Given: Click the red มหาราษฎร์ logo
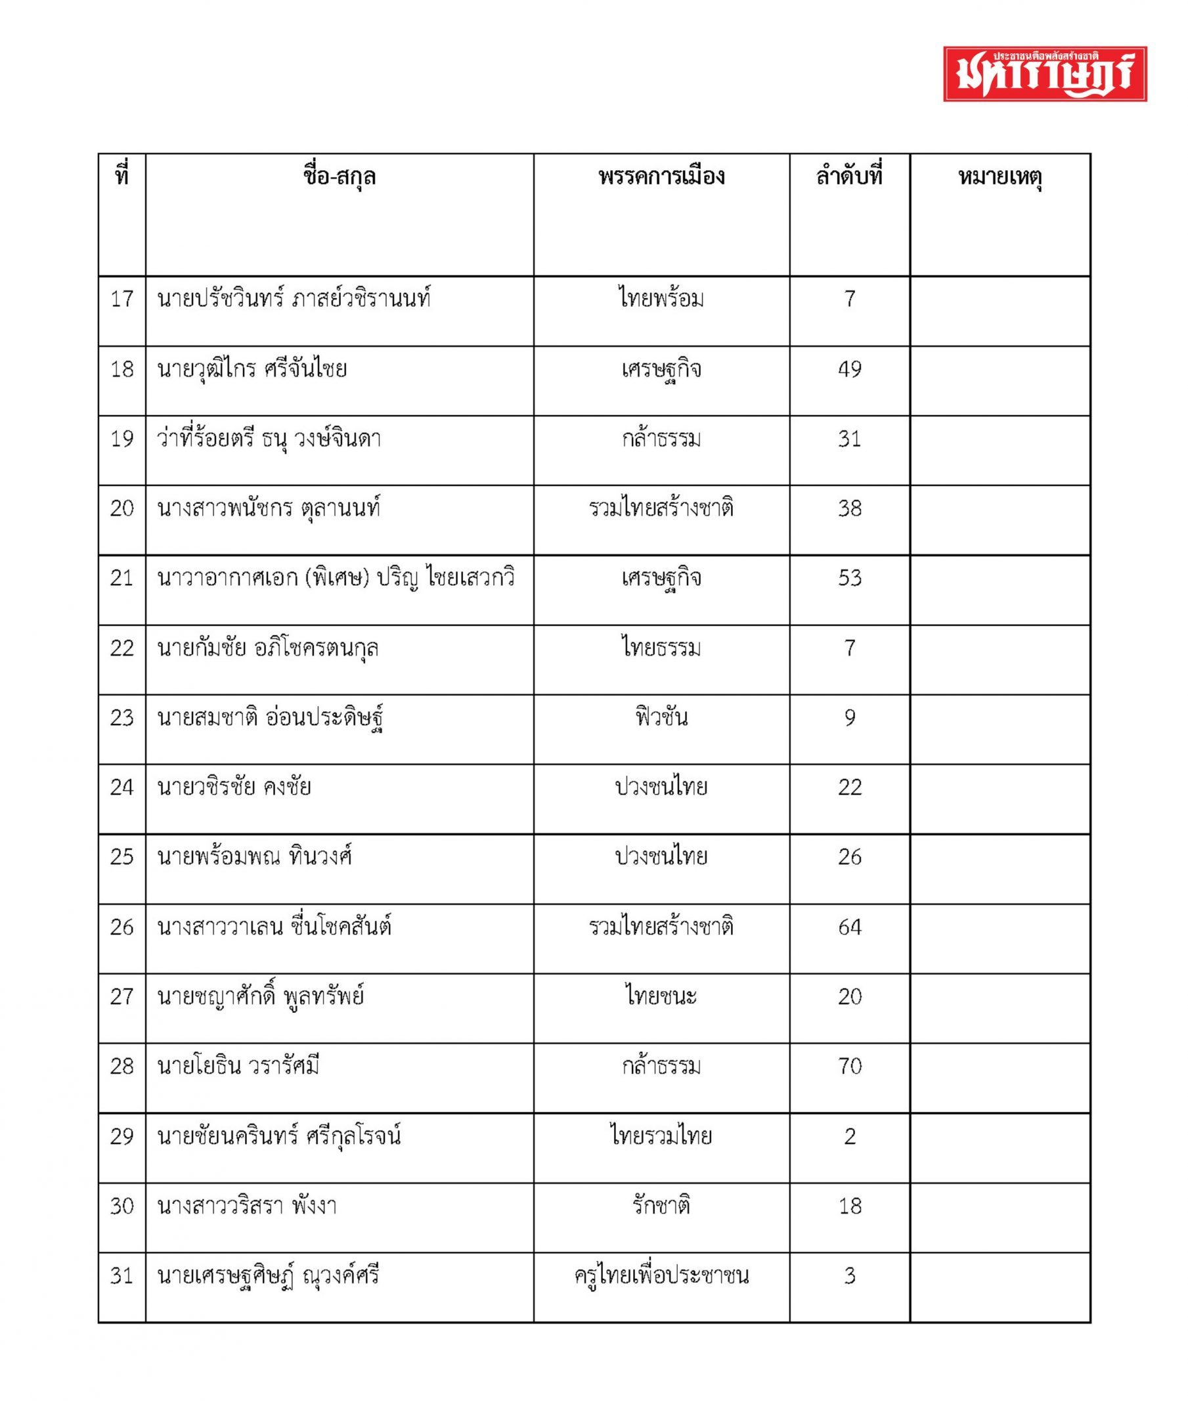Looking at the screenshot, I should pos(1045,74).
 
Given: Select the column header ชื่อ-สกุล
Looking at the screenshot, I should pos(340,177).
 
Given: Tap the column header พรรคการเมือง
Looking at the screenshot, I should pos(661,177).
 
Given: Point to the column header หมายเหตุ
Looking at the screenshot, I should pos(1000,177).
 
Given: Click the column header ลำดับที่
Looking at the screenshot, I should pos(849,177).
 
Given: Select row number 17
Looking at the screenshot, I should pos(122,299).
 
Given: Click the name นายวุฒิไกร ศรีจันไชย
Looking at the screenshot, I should pos(252,369).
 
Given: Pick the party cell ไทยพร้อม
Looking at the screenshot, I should pos(661,299).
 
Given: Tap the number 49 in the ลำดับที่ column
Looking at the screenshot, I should pos(849,369).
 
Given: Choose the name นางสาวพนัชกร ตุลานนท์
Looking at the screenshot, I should pos(269,508).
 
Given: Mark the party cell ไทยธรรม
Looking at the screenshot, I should pos(661,649).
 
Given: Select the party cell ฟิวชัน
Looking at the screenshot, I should pos(661,718).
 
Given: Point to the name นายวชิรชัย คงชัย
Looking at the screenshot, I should pos(234,788).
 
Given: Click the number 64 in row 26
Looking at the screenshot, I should pos(849,927).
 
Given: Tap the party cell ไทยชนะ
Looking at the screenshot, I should pos(661,997).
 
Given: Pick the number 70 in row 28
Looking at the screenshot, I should pos(849,1066).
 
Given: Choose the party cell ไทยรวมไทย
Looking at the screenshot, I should pos(661,1136).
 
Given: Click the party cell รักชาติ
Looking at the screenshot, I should pos(661,1206).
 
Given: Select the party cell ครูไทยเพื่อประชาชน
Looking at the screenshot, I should pos(661,1276).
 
